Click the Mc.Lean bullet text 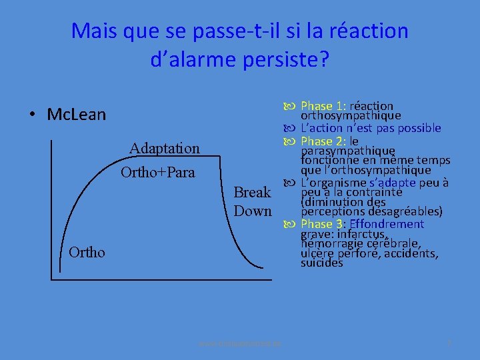(x=77, y=115)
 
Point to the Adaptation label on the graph (x=165, y=148)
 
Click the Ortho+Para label (x=158, y=173)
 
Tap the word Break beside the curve (x=253, y=193)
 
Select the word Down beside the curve (x=253, y=211)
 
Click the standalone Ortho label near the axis (x=87, y=252)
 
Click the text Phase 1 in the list (x=323, y=106)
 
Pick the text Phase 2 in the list (x=323, y=141)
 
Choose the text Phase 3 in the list (x=323, y=224)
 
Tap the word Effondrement (x=387, y=224)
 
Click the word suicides (x=321, y=263)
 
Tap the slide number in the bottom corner (x=449, y=343)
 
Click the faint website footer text (x=240, y=343)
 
